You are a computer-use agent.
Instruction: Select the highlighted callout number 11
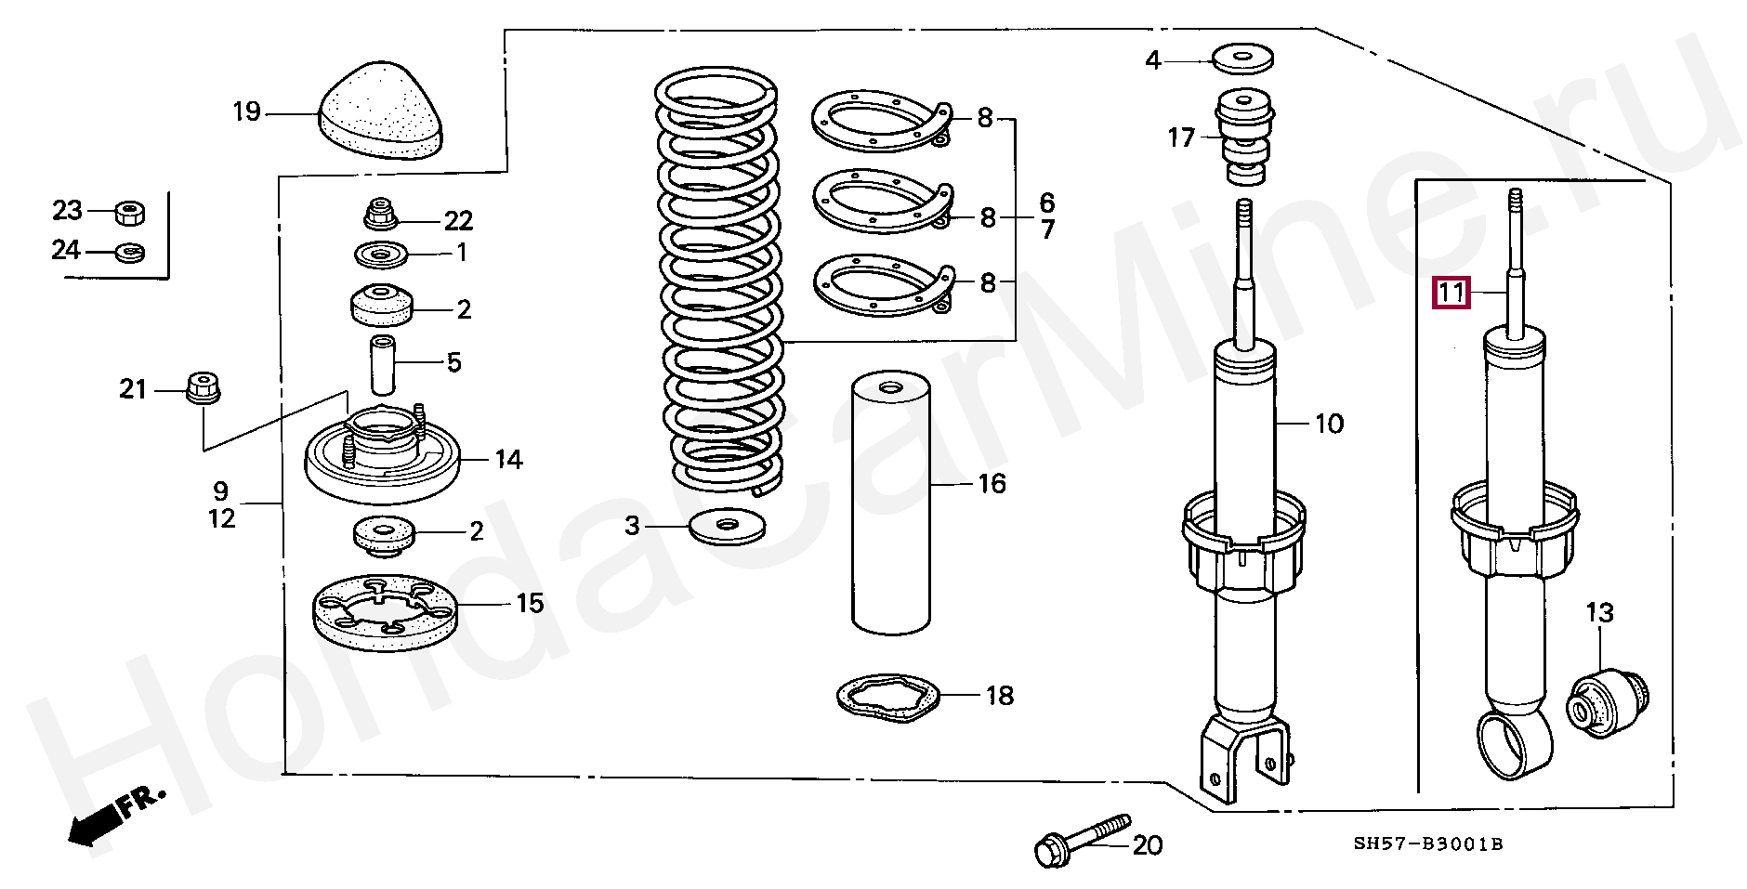[x=1451, y=294]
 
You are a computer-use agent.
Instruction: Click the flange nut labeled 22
[x=379, y=216]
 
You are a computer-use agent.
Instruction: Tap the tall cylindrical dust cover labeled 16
[x=891, y=503]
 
